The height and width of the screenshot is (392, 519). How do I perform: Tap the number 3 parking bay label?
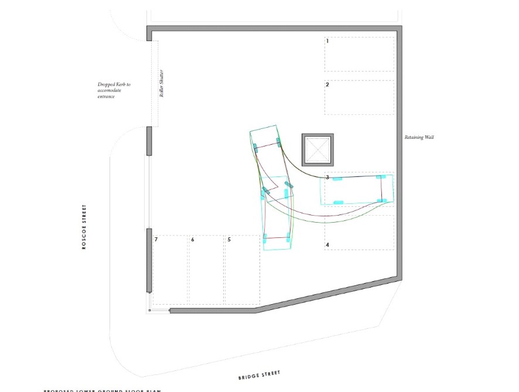327,177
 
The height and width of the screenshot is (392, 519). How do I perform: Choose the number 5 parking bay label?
229,240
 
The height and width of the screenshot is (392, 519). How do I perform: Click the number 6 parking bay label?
192,240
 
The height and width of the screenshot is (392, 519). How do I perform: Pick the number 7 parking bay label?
156,240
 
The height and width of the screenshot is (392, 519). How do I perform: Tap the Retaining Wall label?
419,138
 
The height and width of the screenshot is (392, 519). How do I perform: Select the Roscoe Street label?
84,227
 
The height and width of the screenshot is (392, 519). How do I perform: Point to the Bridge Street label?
259,374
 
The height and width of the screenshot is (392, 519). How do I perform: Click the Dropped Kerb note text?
114,90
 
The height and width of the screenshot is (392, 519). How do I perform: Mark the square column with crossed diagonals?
317,149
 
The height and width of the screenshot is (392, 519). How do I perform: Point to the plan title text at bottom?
102,390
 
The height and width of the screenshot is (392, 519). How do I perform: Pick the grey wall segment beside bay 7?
149,260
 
